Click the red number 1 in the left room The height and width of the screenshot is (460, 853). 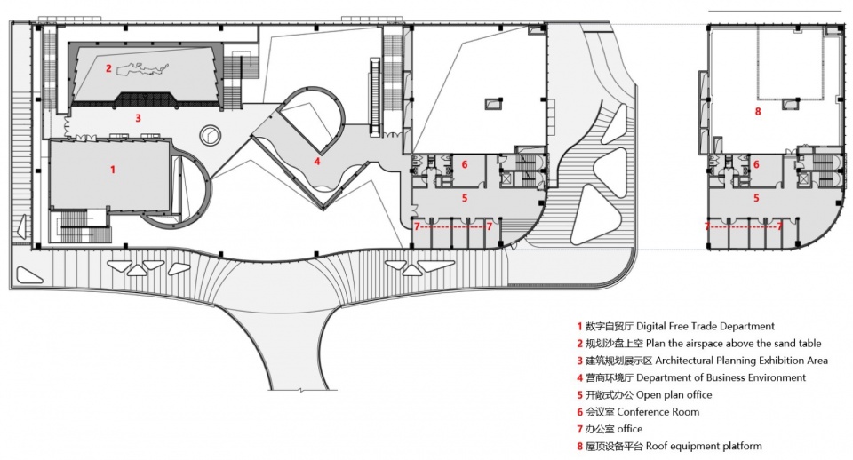click(113, 170)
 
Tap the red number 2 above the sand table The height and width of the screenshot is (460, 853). click(108, 68)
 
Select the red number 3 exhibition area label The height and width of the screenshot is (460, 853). click(139, 118)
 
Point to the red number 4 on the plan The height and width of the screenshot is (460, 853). click(316, 161)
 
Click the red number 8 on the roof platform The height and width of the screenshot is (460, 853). click(758, 112)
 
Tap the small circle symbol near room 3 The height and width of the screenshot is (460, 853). click(210, 135)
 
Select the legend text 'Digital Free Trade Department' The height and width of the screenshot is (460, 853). click(705, 326)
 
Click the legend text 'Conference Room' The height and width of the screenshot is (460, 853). click(658, 412)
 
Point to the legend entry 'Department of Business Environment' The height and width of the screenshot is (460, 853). click(721, 377)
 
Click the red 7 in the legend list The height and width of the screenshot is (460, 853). click(580, 429)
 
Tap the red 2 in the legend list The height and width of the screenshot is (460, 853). click(580, 344)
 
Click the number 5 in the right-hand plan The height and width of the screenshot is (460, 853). click(756, 198)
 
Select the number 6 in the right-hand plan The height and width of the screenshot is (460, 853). click(756, 165)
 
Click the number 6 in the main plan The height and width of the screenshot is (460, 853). click(465, 165)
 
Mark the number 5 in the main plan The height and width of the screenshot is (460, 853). click(465, 198)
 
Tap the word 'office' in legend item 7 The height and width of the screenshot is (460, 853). click(629, 429)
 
